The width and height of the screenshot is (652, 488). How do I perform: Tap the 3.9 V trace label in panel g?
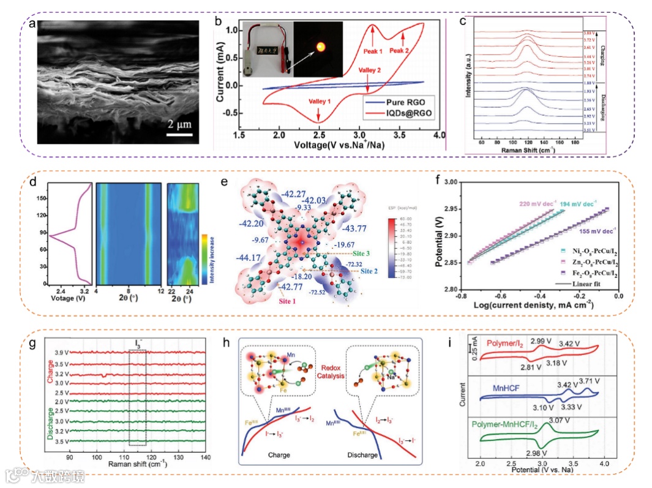(x=59, y=353)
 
